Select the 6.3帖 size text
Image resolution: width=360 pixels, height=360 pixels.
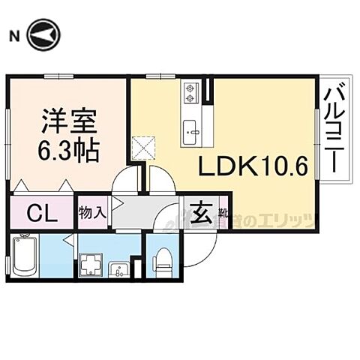tap(68, 151)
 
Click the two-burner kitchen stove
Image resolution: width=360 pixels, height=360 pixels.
tap(190, 93)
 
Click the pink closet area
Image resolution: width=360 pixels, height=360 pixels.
tap(43, 212)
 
